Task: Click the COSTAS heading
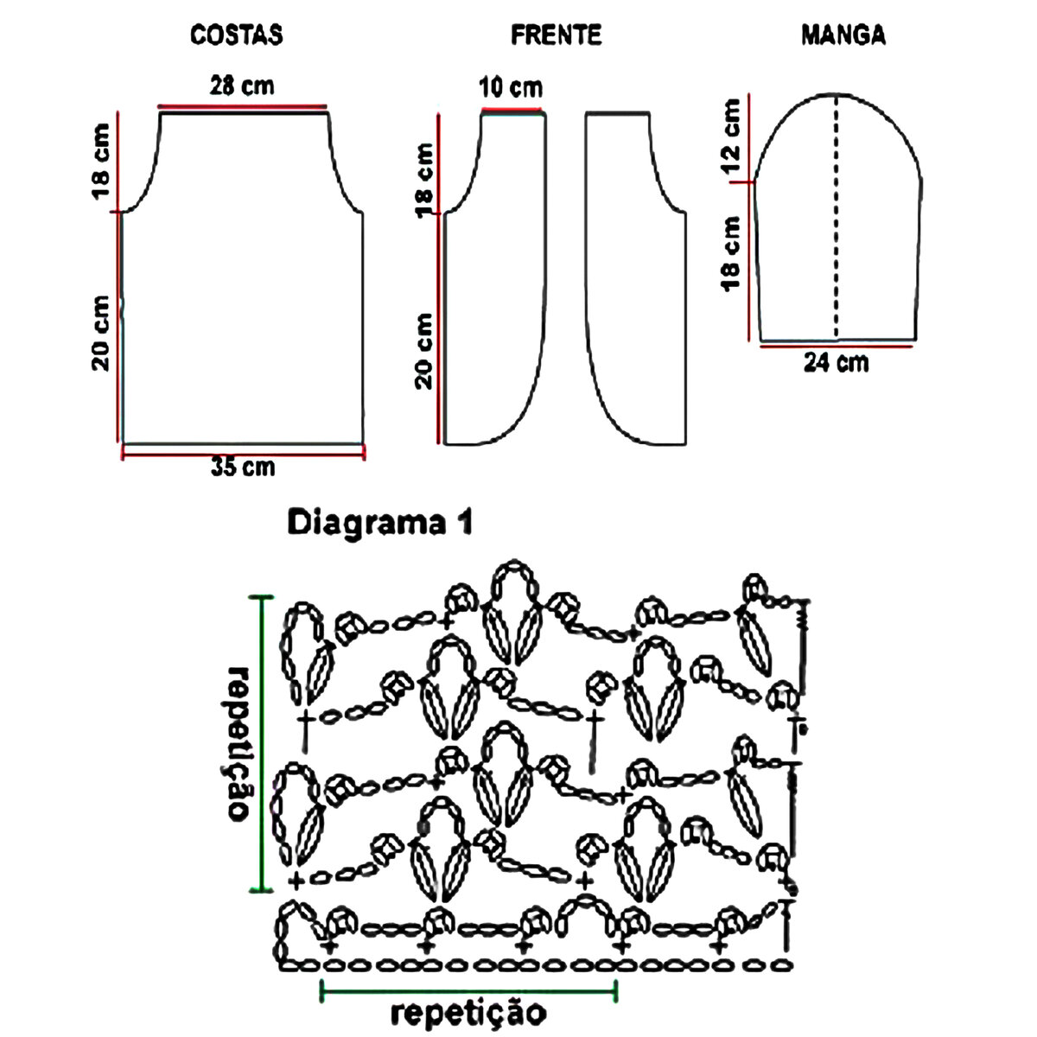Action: click(237, 35)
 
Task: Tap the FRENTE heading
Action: click(556, 35)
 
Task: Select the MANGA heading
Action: click(843, 35)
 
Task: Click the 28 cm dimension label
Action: click(242, 86)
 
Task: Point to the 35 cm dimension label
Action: click(243, 467)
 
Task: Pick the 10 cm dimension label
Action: click(512, 87)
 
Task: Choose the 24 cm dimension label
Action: click(836, 362)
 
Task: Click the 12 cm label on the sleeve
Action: click(731, 135)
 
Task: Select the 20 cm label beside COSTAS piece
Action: click(102, 333)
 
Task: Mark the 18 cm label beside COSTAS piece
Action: click(102, 161)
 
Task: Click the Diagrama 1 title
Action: click(379, 524)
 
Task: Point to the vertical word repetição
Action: click(239, 743)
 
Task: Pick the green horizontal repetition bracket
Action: click(469, 984)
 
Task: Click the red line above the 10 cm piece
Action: click(513, 111)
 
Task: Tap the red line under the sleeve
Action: click(837, 346)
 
